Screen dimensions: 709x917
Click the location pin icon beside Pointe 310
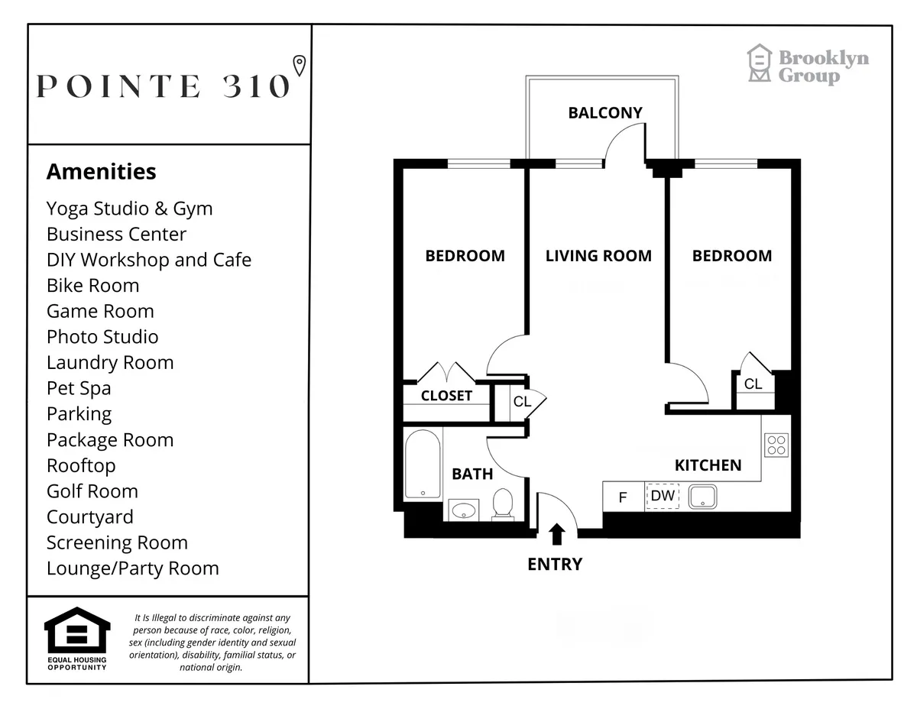(x=300, y=66)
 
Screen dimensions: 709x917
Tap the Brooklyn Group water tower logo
(x=759, y=63)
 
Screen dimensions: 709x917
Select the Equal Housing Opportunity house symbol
(x=77, y=631)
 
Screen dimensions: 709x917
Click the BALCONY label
(x=605, y=113)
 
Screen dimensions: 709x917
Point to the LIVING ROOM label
(x=598, y=256)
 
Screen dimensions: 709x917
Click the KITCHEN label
(x=708, y=465)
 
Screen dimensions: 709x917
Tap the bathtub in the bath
(x=423, y=464)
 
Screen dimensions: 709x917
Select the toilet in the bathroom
(x=503, y=505)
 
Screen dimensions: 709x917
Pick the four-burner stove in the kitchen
(x=776, y=445)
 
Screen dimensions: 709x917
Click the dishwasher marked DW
(x=663, y=497)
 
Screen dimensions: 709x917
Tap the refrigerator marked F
(x=623, y=497)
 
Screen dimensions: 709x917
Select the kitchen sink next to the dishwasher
(x=702, y=497)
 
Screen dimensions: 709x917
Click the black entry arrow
(x=557, y=533)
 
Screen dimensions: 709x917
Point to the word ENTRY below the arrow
(x=555, y=565)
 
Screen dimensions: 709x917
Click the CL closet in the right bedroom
(x=753, y=384)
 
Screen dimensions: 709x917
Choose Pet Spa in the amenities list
(x=79, y=388)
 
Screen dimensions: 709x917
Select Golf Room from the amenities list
(x=92, y=491)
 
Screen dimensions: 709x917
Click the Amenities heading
(x=101, y=171)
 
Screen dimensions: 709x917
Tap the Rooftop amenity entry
(x=81, y=465)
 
